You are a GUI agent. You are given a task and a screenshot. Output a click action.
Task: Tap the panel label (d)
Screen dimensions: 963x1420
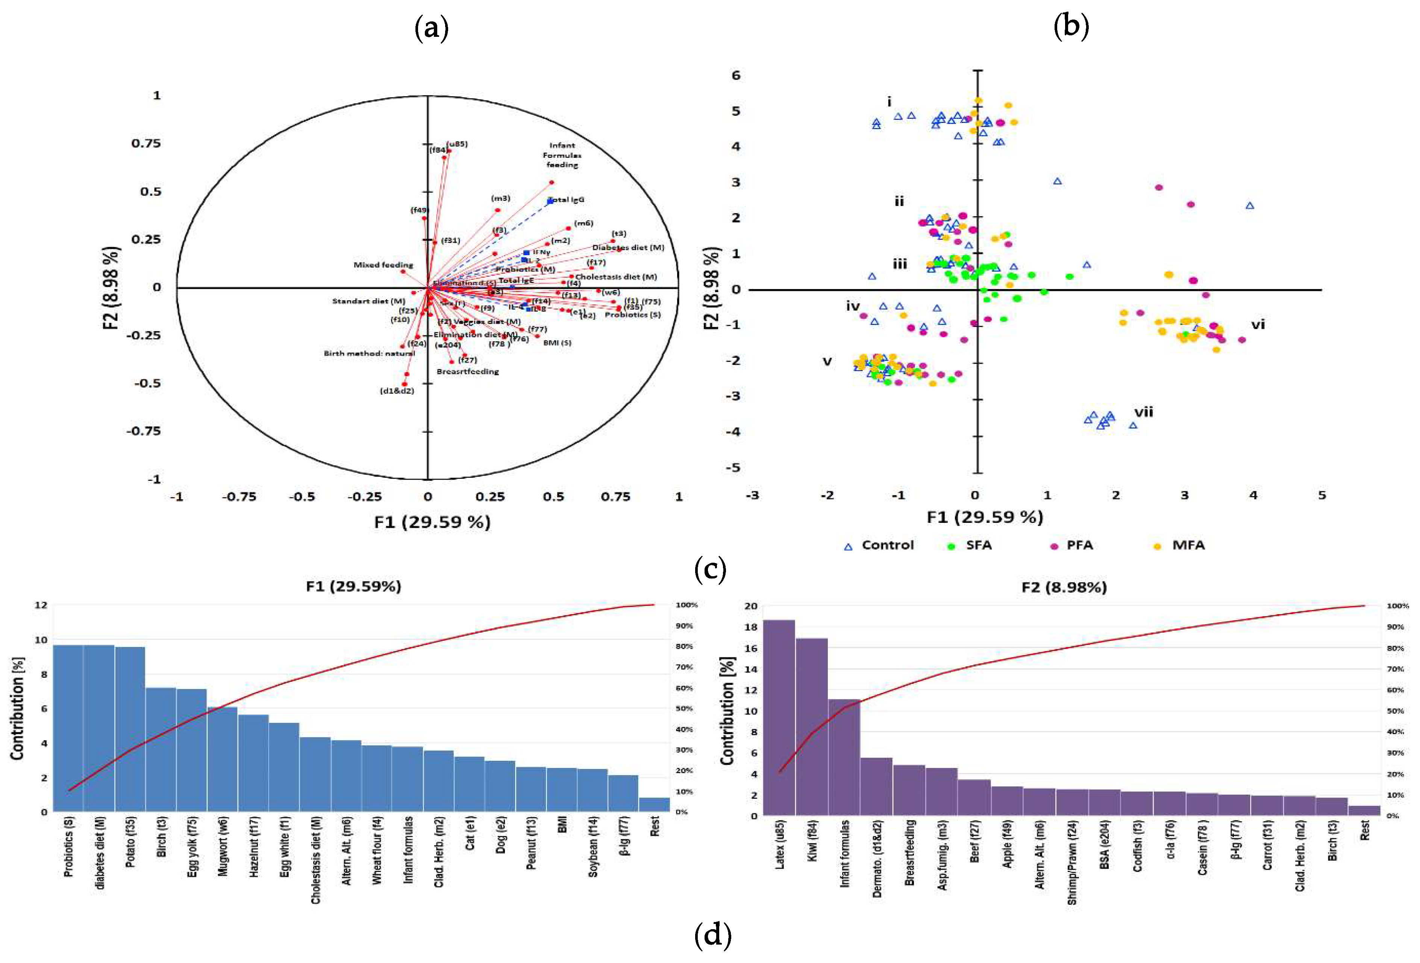[712, 936]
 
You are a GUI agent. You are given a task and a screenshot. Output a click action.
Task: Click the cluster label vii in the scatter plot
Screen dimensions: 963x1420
[1143, 412]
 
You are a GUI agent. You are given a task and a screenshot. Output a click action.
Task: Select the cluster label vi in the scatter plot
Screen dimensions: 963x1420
[1258, 324]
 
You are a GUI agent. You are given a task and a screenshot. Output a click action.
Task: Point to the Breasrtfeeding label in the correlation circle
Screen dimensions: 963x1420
[467, 371]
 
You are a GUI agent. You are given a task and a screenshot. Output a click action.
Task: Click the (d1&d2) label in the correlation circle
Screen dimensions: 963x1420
[397, 391]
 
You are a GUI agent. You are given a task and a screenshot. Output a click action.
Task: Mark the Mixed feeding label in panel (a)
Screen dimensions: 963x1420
[383, 265]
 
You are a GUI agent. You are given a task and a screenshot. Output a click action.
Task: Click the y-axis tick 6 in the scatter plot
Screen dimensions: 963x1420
[736, 75]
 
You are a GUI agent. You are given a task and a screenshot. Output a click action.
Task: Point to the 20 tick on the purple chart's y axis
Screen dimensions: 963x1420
[751, 606]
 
